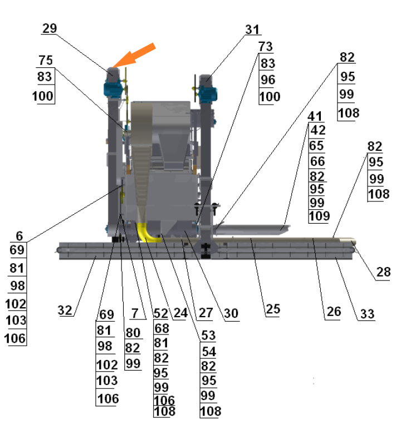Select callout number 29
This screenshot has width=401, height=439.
pos(50,28)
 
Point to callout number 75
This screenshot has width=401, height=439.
pos(46,61)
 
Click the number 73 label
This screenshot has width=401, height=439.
pos(266,47)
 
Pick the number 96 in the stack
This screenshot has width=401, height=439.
pos(268,80)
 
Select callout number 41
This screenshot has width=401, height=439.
pos(315,116)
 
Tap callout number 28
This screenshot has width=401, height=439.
pos(383,273)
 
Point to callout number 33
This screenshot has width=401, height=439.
pos(367,314)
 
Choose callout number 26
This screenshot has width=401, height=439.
pos(333,312)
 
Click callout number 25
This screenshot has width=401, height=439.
pos(273,309)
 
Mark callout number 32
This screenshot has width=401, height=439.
pos(66,310)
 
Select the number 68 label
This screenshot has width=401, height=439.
pos(162,328)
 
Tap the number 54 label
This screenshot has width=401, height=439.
pos(209,352)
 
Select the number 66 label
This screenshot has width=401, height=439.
pos(317,161)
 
